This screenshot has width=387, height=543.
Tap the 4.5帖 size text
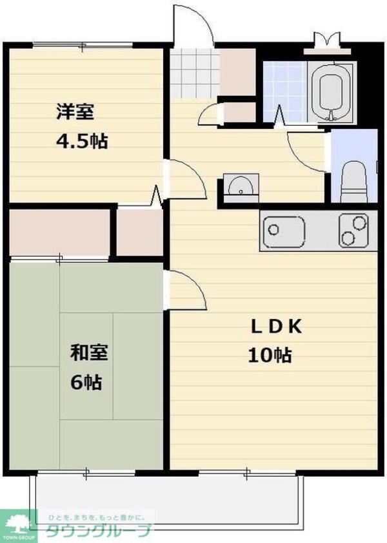point(82,141)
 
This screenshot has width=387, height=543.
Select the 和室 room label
point(89,352)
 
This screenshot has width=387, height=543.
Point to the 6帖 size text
point(86,382)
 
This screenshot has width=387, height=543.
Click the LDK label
point(276,327)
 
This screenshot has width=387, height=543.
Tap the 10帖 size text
point(270,355)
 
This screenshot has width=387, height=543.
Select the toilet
point(354,182)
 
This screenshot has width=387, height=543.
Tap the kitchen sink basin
point(284,231)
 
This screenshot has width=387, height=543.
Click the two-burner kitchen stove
point(353,231)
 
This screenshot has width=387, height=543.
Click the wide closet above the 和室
point(60,233)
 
